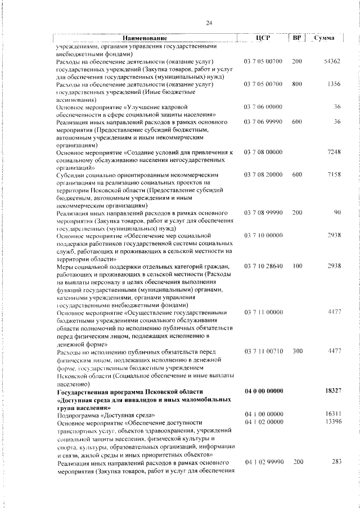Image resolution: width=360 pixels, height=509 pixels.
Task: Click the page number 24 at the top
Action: click(209, 22)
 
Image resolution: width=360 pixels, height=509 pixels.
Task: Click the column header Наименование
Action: click(145, 38)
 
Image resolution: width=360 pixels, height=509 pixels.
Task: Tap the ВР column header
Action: click(297, 38)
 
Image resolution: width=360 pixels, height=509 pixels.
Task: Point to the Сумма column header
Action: click(325, 38)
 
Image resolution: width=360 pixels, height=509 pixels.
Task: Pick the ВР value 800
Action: click(297, 84)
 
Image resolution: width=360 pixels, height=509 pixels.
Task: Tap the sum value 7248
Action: click(334, 152)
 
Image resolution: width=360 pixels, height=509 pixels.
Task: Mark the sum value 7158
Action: click(334, 175)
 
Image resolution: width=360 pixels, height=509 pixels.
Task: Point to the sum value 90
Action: click(337, 213)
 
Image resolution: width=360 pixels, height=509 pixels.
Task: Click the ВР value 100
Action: click(297, 265)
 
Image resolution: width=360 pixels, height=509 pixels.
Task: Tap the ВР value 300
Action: click(297, 351)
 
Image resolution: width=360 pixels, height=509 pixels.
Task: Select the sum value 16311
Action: click(334, 414)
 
